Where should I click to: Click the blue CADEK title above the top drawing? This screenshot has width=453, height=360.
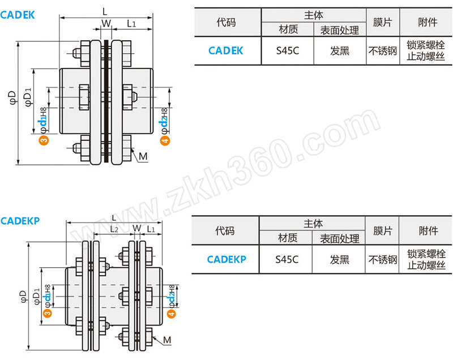(x=18, y=15)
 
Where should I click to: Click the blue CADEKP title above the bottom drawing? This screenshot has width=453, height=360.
(x=20, y=221)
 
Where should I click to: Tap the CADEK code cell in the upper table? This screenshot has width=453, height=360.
(x=225, y=50)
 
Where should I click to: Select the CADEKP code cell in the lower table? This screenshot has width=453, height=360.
(x=226, y=259)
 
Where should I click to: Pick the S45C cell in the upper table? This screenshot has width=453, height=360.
(x=288, y=50)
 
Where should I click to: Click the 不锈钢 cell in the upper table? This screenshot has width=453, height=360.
(x=383, y=51)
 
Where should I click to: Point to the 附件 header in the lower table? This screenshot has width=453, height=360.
(x=429, y=230)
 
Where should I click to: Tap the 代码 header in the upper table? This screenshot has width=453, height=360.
(x=226, y=22)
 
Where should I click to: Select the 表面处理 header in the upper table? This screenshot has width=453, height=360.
(x=339, y=30)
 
